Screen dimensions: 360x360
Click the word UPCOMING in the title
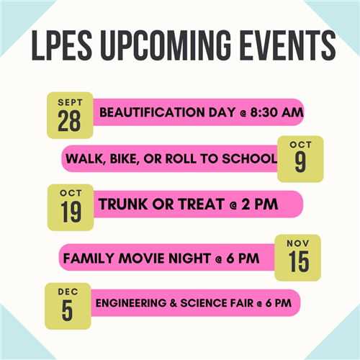[x=166, y=45]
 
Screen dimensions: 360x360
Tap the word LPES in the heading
[x=62, y=45]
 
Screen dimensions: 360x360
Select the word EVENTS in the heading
[x=287, y=45]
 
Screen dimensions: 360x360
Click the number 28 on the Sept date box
[x=69, y=121]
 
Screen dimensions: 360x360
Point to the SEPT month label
[x=70, y=102]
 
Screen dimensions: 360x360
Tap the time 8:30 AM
[x=276, y=112]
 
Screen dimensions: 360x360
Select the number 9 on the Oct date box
[x=300, y=162]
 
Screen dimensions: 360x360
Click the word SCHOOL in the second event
[x=249, y=158]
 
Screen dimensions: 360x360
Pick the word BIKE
[x=125, y=159]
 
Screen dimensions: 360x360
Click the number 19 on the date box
[x=71, y=212]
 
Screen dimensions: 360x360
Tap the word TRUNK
[x=123, y=204]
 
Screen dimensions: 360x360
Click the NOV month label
[x=298, y=243]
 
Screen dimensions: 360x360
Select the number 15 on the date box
[x=299, y=261]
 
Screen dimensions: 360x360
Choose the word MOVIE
[x=141, y=258]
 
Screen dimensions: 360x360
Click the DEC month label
[x=68, y=292]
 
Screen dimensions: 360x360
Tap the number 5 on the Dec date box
[x=67, y=310]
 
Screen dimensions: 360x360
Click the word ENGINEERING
[x=131, y=303]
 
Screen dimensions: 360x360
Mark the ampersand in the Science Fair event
[x=174, y=303]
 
